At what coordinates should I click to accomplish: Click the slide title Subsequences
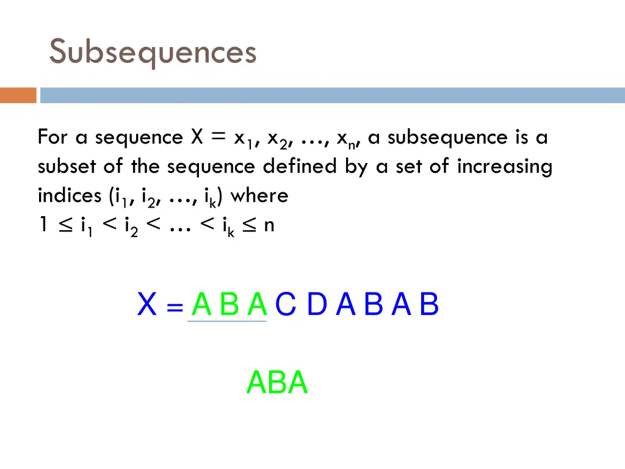click(x=153, y=52)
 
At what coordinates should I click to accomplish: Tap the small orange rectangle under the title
click(x=18, y=95)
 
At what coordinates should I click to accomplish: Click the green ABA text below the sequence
click(x=277, y=383)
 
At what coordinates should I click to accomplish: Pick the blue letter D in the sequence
click(x=317, y=305)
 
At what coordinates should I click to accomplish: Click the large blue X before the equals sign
click(x=147, y=305)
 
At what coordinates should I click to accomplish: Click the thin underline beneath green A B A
click(x=227, y=321)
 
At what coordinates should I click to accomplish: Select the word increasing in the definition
click(x=504, y=166)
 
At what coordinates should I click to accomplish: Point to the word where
click(x=259, y=195)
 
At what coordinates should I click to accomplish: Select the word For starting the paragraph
click(x=52, y=137)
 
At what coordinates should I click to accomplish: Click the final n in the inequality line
click(x=269, y=226)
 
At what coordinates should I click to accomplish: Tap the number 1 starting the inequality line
click(x=43, y=225)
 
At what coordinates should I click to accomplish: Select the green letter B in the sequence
click(x=229, y=305)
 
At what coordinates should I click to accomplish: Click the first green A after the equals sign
click(x=201, y=305)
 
